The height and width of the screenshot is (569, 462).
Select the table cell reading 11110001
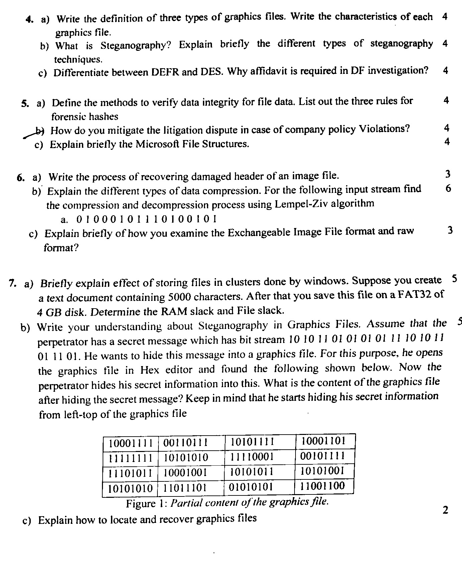pos(252,457)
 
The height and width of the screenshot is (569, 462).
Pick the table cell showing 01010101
pos(251,487)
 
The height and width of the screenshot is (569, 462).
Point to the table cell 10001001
pos(185,472)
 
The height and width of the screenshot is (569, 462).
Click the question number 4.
pos(29,19)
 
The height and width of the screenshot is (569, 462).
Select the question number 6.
pos(20,177)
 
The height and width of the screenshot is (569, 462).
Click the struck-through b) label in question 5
pos(39,131)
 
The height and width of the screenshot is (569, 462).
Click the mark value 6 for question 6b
pos(448,189)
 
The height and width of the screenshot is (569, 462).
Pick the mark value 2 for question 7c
pos(445,510)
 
